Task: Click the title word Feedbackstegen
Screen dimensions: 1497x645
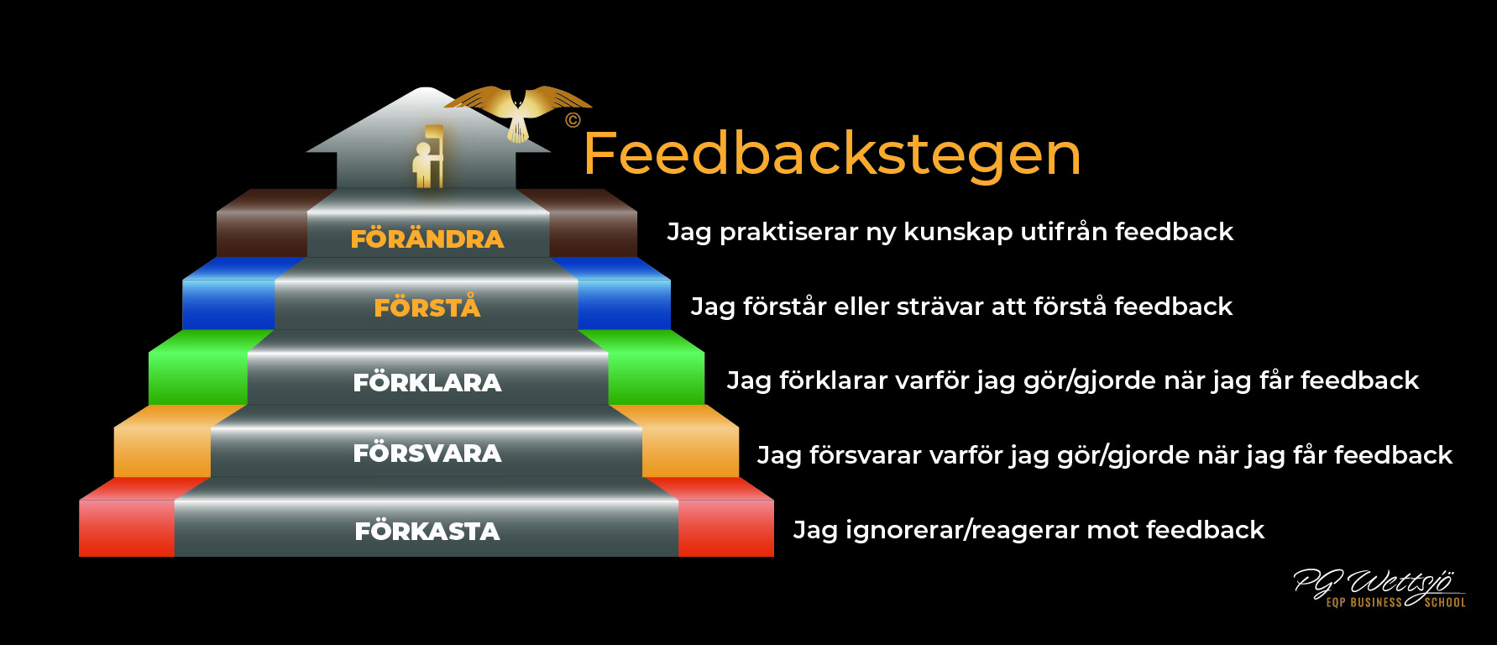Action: pos(832,155)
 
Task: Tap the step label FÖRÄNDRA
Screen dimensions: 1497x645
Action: pos(427,238)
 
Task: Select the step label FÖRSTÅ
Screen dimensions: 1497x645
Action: pos(427,306)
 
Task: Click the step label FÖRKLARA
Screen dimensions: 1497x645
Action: pos(427,381)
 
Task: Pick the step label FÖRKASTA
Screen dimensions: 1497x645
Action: pos(427,530)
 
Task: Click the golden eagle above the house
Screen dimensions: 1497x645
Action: pos(518,111)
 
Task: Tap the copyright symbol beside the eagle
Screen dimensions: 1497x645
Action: pos(573,120)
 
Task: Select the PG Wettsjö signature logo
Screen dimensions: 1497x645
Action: pos(1379,587)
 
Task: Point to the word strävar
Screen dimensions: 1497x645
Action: pos(940,307)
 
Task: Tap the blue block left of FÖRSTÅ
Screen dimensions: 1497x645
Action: pos(228,294)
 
